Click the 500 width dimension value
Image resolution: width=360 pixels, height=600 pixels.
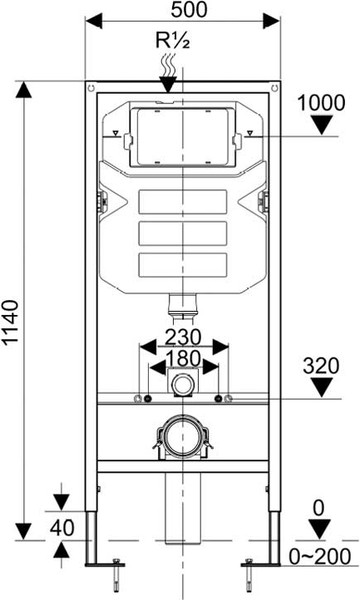point(189,10)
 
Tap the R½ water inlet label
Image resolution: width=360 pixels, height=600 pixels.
point(173,41)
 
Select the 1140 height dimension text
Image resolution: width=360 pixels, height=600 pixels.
point(10,323)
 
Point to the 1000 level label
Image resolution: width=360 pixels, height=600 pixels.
point(321,103)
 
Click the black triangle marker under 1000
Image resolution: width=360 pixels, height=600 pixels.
point(321,126)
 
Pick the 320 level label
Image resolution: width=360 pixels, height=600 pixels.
point(321,366)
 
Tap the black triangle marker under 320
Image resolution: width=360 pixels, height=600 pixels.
point(321,388)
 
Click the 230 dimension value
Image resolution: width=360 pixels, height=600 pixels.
point(182,338)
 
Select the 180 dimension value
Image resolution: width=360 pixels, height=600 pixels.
point(183,359)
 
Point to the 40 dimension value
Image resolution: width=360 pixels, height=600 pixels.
point(62,528)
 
